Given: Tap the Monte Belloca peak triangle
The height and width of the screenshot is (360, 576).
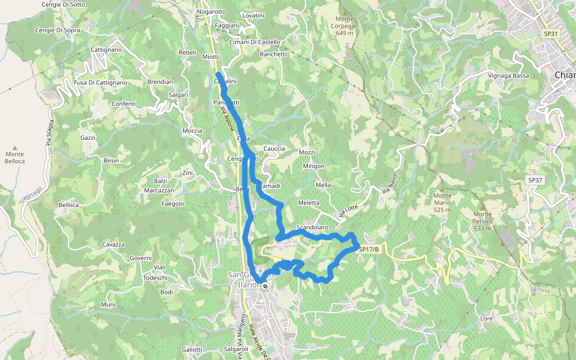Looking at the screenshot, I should (15, 148).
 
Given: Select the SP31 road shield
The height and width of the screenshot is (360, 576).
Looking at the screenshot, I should (551, 34).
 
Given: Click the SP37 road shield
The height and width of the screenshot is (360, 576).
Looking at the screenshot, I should (535, 180).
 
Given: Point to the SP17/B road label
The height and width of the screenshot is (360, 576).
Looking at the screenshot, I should (369, 249).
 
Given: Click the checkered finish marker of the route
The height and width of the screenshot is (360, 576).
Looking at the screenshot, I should (265, 286).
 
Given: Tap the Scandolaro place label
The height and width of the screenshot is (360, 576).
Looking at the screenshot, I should (312, 228).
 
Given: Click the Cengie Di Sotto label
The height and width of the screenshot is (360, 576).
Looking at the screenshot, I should (63, 4).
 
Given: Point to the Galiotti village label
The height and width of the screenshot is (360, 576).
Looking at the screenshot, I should (192, 349).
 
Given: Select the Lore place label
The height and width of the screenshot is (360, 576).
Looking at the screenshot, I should (487, 319).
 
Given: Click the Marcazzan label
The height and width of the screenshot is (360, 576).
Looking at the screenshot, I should (159, 190).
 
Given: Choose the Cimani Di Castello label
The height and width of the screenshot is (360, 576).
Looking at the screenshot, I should (255, 42).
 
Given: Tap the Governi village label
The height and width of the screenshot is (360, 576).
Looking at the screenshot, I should (140, 258).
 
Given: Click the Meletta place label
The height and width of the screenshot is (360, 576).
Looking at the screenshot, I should (308, 203).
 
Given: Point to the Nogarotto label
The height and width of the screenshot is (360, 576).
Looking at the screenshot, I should (211, 11).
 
